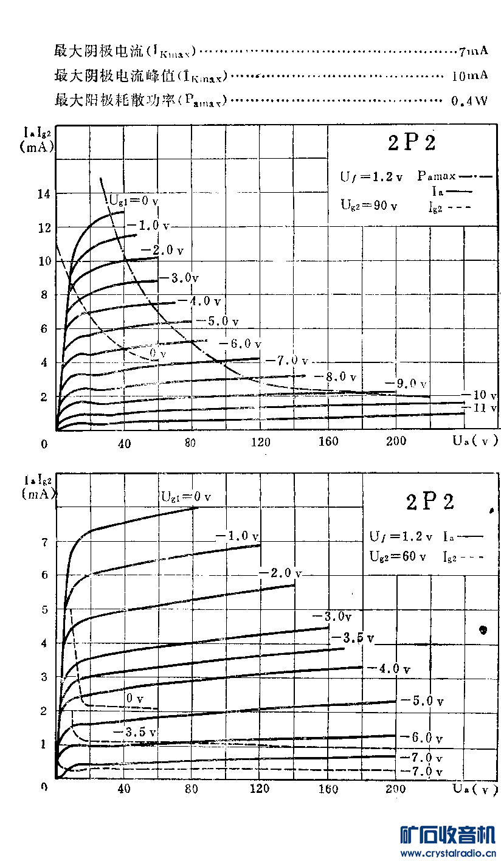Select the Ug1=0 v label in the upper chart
point(134,199)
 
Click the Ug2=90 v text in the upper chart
point(368,205)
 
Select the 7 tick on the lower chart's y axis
point(43,542)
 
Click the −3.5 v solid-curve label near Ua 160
point(352,638)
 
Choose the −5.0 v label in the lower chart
point(422,701)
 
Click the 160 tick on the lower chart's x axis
point(328,789)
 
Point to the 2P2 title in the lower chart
point(430,502)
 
